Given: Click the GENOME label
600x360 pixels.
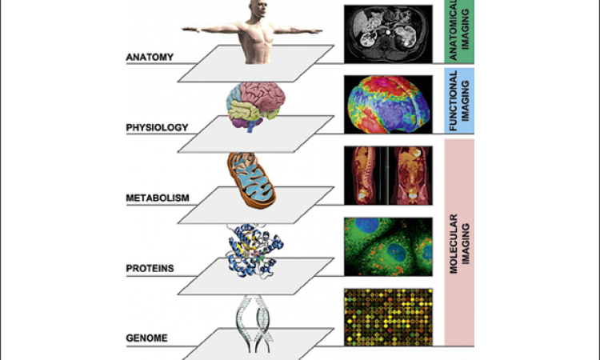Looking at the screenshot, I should click(147, 338).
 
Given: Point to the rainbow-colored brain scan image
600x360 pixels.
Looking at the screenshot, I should click(389, 102).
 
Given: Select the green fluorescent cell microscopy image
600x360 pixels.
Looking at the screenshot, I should click(389, 245).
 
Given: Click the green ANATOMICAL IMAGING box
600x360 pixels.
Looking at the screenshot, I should click(460, 32).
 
